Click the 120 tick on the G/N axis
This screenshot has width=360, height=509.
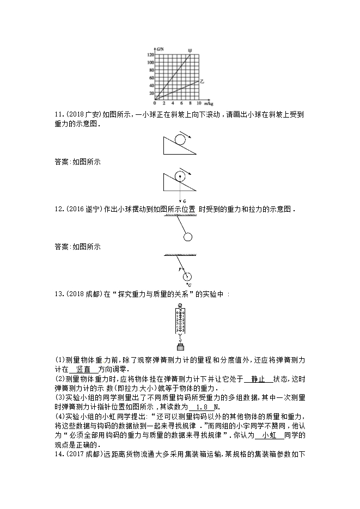pyautogui.click(x=150, y=55)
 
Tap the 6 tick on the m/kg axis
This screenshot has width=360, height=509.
pyautogui.click(x=181, y=103)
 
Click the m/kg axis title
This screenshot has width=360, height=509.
pyautogui.click(x=209, y=103)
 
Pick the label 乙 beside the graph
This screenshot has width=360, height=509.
pyautogui.click(x=202, y=81)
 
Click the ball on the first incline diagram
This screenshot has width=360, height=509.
pyautogui.click(x=181, y=138)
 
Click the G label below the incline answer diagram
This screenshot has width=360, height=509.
pyautogui.click(x=185, y=201)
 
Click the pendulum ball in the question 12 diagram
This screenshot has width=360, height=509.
pyautogui.click(x=188, y=237)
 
